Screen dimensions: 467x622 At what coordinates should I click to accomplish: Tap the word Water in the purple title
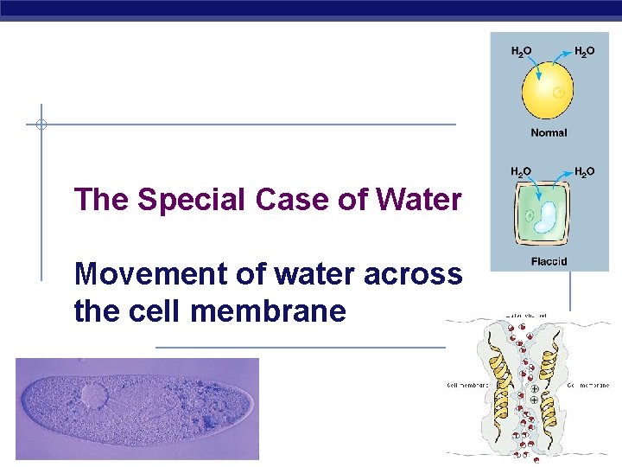click(x=419, y=200)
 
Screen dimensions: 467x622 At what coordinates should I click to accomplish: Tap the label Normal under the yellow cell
click(x=549, y=133)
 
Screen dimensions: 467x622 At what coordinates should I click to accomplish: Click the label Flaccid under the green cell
click(x=549, y=260)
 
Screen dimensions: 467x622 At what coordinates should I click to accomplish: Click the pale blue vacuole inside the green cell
click(x=546, y=219)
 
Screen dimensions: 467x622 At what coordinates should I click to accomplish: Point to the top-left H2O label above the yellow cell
click(x=521, y=53)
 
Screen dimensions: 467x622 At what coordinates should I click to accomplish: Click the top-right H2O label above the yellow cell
click(x=584, y=53)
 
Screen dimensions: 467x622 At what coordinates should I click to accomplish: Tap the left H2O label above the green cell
click(x=521, y=172)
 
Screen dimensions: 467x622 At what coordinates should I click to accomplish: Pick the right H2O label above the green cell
click(x=584, y=172)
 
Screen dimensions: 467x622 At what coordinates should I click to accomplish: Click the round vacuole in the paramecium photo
click(x=94, y=397)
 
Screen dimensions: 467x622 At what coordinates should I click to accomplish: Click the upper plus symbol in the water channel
click(x=534, y=388)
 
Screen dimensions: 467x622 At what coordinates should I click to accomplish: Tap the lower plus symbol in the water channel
click(x=534, y=400)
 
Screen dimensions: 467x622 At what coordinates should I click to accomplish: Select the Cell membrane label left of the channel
click(x=467, y=385)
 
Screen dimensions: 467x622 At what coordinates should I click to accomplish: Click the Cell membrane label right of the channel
click(x=589, y=385)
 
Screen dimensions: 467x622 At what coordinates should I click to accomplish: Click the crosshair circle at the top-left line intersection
click(x=41, y=125)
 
